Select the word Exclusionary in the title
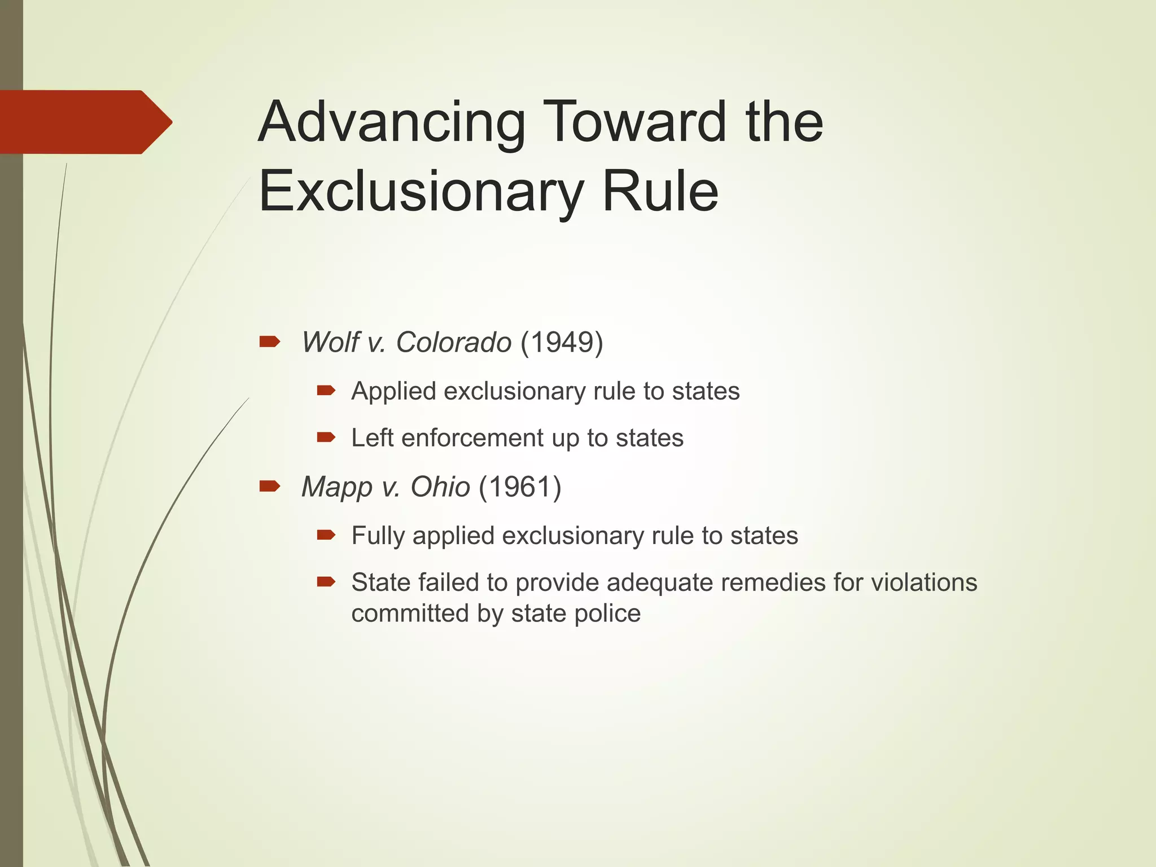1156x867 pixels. (x=420, y=192)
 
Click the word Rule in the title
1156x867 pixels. (x=660, y=192)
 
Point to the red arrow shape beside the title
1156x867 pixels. (x=85, y=122)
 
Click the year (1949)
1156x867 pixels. (x=562, y=342)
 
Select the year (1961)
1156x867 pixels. (x=520, y=487)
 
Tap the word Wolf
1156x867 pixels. (x=330, y=342)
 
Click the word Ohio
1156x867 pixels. (x=440, y=487)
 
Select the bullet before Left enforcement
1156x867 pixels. (x=326, y=437)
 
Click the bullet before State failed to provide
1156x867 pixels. (x=326, y=581)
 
